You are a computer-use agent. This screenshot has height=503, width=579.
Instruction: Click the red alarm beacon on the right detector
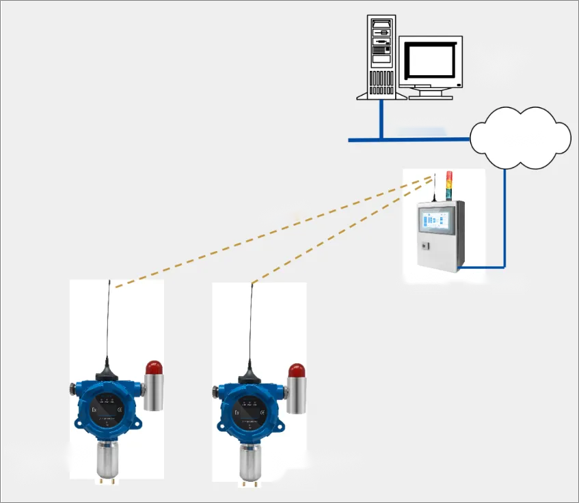click(296, 371)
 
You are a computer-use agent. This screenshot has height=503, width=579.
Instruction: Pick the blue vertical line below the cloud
click(504, 212)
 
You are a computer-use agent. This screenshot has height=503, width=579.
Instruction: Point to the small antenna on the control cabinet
click(433, 188)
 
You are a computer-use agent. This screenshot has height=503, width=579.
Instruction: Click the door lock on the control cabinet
click(424, 245)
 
